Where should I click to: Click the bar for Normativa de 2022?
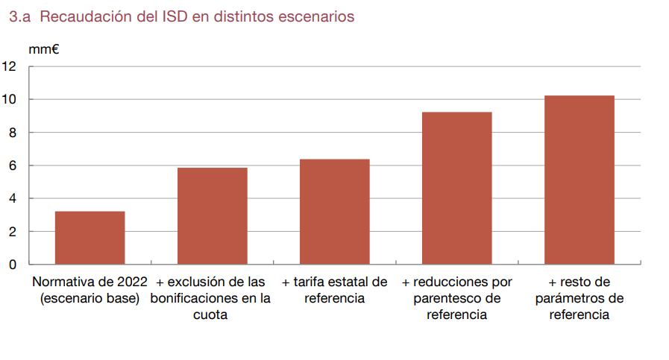coord(89,238)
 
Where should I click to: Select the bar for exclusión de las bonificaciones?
coord(212,216)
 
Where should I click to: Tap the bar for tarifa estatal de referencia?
coord(334,212)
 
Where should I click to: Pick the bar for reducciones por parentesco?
coord(456,188)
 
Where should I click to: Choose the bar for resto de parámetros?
coord(580,180)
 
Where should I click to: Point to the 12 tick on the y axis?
coord(10,66)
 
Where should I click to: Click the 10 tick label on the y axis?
coord(10,100)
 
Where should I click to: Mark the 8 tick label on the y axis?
coord(12,133)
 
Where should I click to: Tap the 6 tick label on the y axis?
coord(12,165)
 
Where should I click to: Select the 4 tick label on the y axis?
coord(12,199)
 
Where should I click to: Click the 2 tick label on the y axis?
coord(12,232)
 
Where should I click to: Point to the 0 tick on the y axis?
coord(12,265)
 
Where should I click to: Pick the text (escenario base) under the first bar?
coord(89,299)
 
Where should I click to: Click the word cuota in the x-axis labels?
coord(212,315)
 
